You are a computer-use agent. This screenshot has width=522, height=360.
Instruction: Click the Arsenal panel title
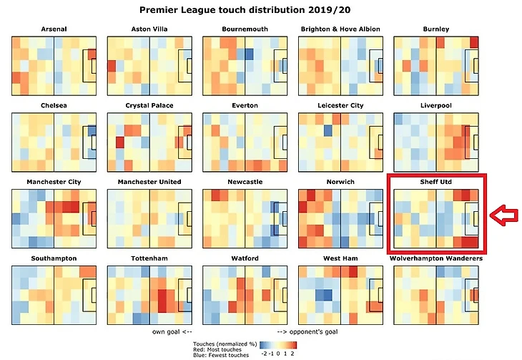(x=54, y=29)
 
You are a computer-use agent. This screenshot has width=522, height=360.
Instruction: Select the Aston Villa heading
(x=149, y=29)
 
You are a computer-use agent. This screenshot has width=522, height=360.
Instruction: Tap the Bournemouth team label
(x=245, y=29)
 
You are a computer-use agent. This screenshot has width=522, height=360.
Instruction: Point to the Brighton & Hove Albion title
(x=340, y=29)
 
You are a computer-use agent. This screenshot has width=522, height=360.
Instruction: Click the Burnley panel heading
(x=435, y=29)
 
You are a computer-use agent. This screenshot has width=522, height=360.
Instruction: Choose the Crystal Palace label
(x=149, y=106)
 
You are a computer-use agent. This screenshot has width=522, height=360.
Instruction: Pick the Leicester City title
(x=340, y=106)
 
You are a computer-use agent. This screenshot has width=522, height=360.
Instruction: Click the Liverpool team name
(x=435, y=106)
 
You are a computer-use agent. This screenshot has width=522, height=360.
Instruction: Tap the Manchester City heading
(x=54, y=182)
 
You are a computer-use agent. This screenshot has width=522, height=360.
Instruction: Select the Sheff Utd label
(x=435, y=182)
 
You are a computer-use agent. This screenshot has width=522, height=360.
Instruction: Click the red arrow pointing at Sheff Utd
(x=503, y=213)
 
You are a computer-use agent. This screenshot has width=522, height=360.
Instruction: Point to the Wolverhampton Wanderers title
(x=435, y=258)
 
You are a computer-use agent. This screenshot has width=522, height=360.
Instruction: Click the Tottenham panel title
(x=149, y=258)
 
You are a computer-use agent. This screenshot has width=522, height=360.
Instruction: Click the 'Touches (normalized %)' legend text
(x=224, y=344)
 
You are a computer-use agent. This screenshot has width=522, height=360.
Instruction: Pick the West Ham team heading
(x=340, y=258)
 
